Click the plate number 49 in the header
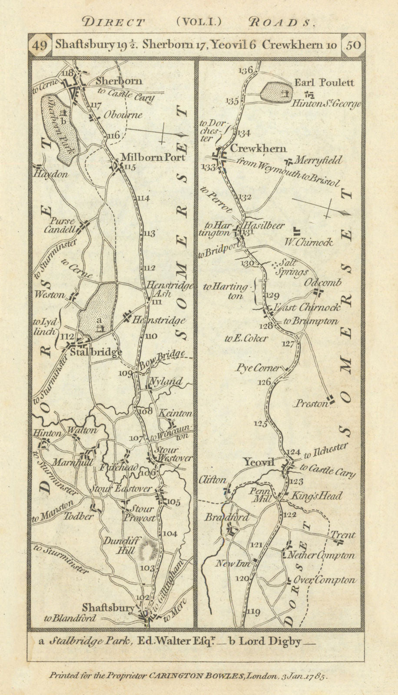[40, 46]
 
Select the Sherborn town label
[119, 81]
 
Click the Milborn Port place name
[153, 157]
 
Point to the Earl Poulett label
[325, 83]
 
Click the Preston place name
[311, 404]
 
